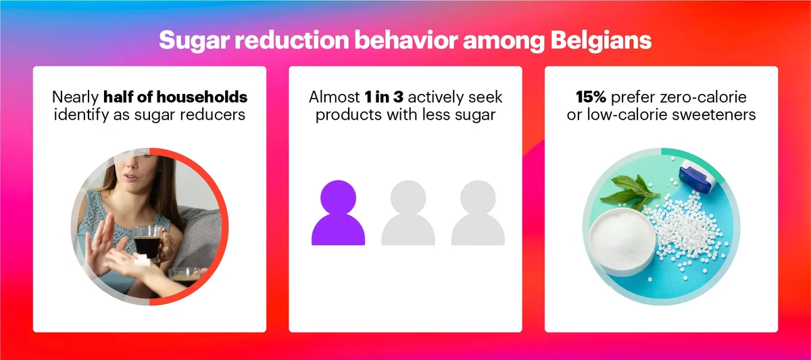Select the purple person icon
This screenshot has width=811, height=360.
click(x=338, y=213)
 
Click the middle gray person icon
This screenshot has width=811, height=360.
click(x=408, y=213)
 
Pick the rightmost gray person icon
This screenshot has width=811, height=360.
click(x=478, y=213)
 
